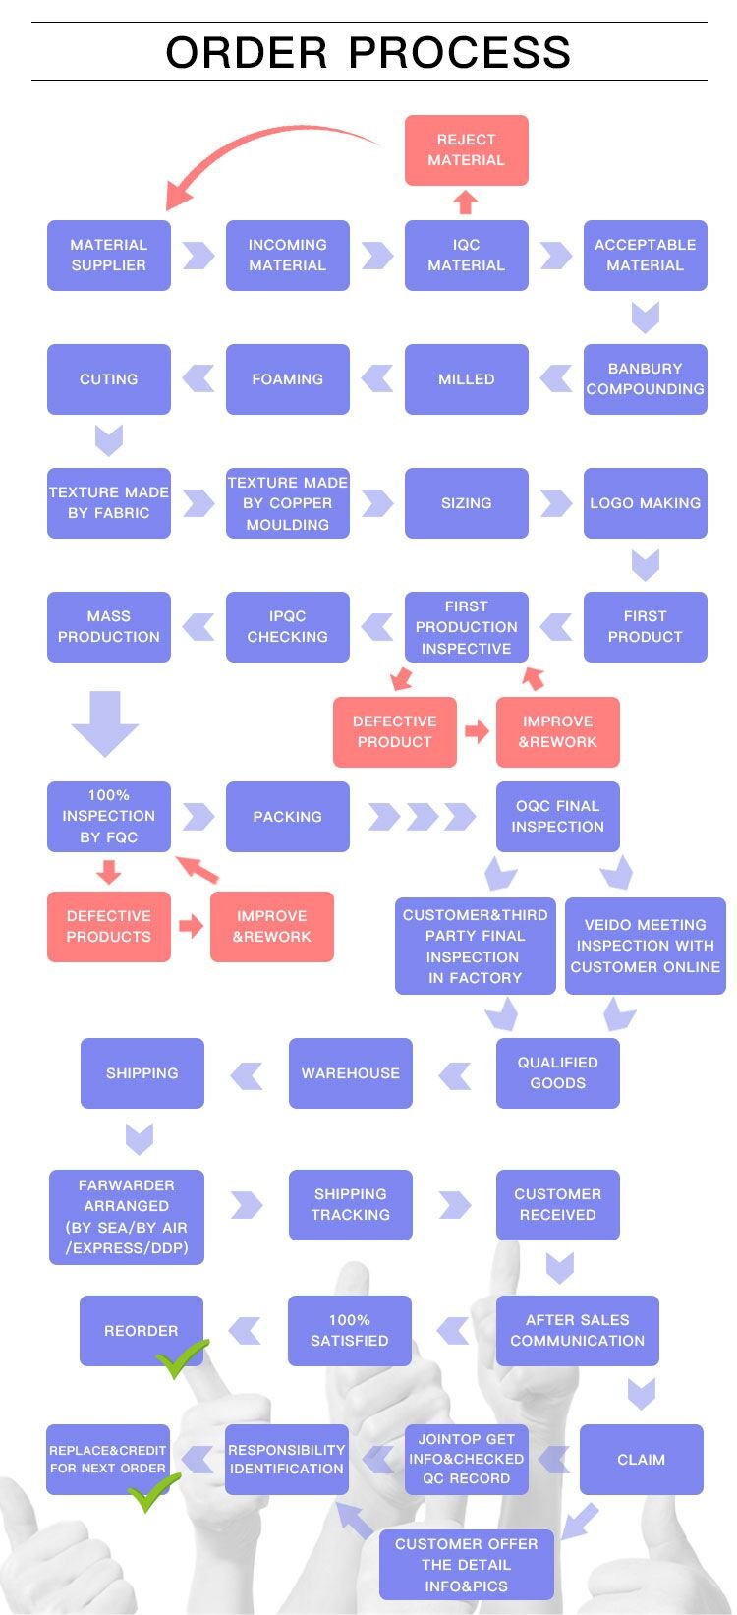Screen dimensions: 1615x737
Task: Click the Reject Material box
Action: [x=466, y=150]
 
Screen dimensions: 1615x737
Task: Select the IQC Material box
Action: [x=466, y=256]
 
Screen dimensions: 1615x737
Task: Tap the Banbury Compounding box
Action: [x=645, y=379]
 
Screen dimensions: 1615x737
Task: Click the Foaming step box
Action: [x=287, y=379]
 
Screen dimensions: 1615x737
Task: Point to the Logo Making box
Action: [x=645, y=503]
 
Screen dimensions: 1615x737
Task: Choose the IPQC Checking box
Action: [x=287, y=627]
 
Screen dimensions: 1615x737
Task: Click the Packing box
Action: [x=287, y=817]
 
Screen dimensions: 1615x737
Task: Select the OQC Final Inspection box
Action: [x=557, y=817]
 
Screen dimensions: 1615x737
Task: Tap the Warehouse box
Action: [x=350, y=1073]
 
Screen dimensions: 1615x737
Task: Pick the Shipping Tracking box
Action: [x=350, y=1205]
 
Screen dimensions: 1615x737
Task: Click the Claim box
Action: [x=641, y=1460]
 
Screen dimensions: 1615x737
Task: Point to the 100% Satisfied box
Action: [x=349, y=1331]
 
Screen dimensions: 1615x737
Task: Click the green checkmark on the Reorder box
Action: [x=182, y=1357]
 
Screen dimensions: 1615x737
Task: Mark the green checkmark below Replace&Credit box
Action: [x=154, y=1492]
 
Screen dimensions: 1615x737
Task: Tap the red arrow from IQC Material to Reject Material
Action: [x=466, y=202]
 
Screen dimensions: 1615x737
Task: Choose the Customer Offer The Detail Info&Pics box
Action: [x=466, y=1564]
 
